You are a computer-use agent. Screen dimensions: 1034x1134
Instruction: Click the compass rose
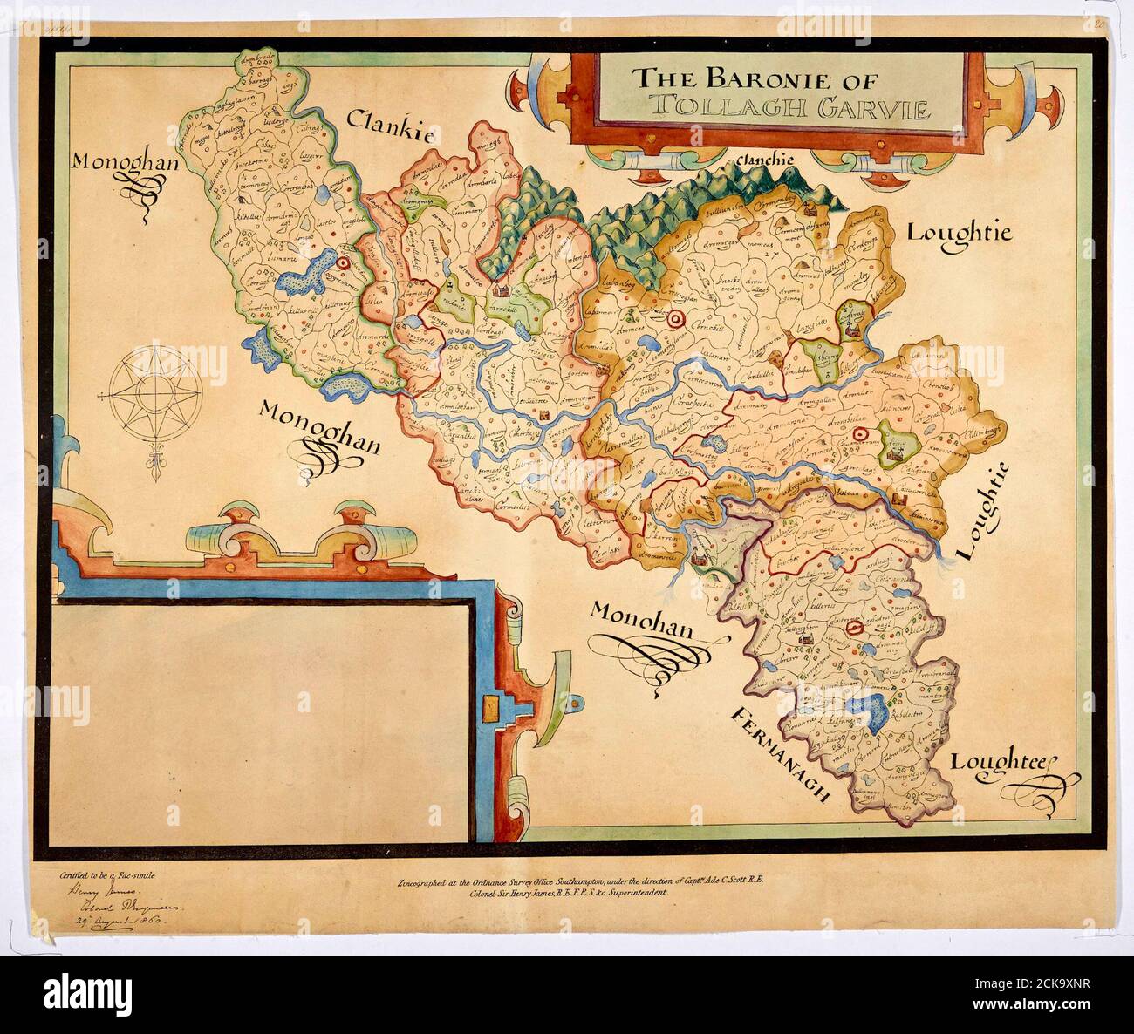157,398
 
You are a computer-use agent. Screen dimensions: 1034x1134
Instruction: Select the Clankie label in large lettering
391,126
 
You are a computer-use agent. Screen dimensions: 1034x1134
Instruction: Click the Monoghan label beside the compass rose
319,417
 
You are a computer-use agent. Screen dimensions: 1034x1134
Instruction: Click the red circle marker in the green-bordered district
344,262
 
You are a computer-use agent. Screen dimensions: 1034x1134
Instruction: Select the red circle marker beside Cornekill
673,320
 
